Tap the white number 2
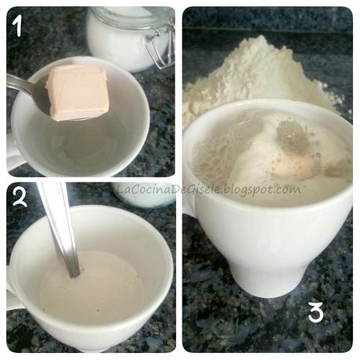point(20,198)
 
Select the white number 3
point(316,312)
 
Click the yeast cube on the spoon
point(77,93)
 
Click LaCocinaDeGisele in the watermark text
point(170,189)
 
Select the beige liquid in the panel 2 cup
point(92,287)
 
